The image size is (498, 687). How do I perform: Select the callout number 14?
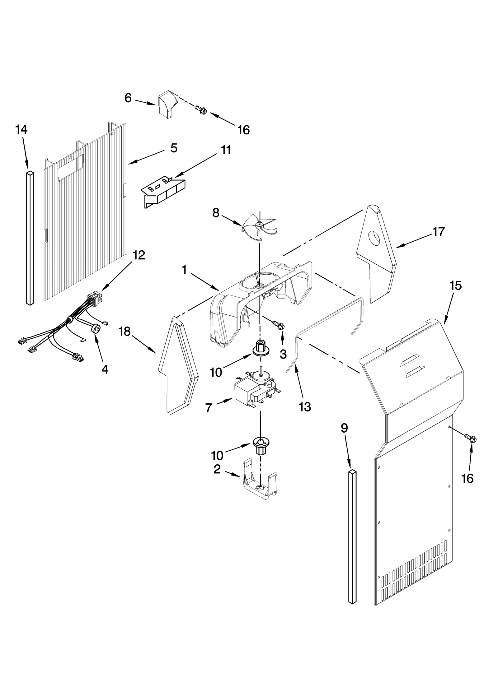click(21, 129)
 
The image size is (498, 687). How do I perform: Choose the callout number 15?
click(455, 285)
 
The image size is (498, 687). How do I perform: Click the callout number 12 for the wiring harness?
click(139, 255)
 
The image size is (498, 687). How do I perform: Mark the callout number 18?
click(125, 332)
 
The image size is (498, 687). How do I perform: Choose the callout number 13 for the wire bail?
click(305, 406)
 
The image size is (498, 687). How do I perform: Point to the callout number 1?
click(185, 270)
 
